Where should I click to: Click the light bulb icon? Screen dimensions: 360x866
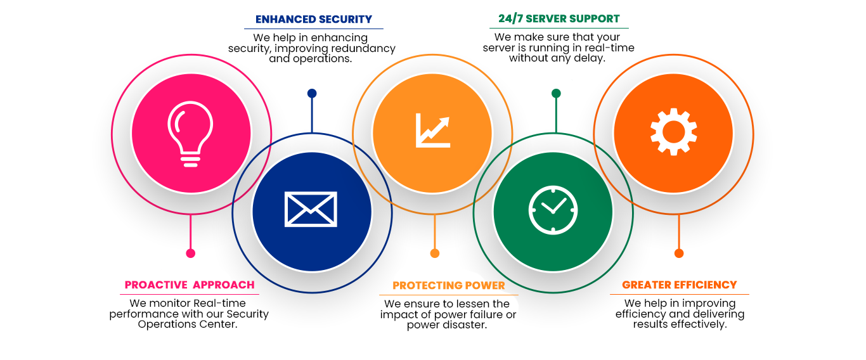coord(191,135)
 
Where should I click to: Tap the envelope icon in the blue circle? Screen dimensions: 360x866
coord(311,209)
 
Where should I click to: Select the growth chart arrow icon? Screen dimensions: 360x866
coord(432,131)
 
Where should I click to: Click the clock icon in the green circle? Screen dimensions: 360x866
coord(553,209)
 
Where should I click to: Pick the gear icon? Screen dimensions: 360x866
coord(673,132)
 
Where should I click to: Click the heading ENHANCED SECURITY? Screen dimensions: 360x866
coord(314,19)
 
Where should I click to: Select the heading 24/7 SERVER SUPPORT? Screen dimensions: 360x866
coord(559,19)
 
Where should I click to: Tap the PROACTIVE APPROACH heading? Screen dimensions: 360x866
coord(190,285)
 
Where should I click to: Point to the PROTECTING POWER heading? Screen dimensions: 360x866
coord(449,286)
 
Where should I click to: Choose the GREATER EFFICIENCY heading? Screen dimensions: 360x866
coord(680,285)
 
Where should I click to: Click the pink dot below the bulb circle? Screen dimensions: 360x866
coord(190,254)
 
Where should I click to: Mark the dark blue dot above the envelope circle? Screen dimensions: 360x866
coord(312,93)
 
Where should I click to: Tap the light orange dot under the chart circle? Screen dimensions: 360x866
coord(434,254)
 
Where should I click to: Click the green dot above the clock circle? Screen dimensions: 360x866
coord(556,93)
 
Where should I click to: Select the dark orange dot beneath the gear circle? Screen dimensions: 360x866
coord(679,254)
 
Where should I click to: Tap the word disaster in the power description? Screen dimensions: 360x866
coord(464,325)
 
